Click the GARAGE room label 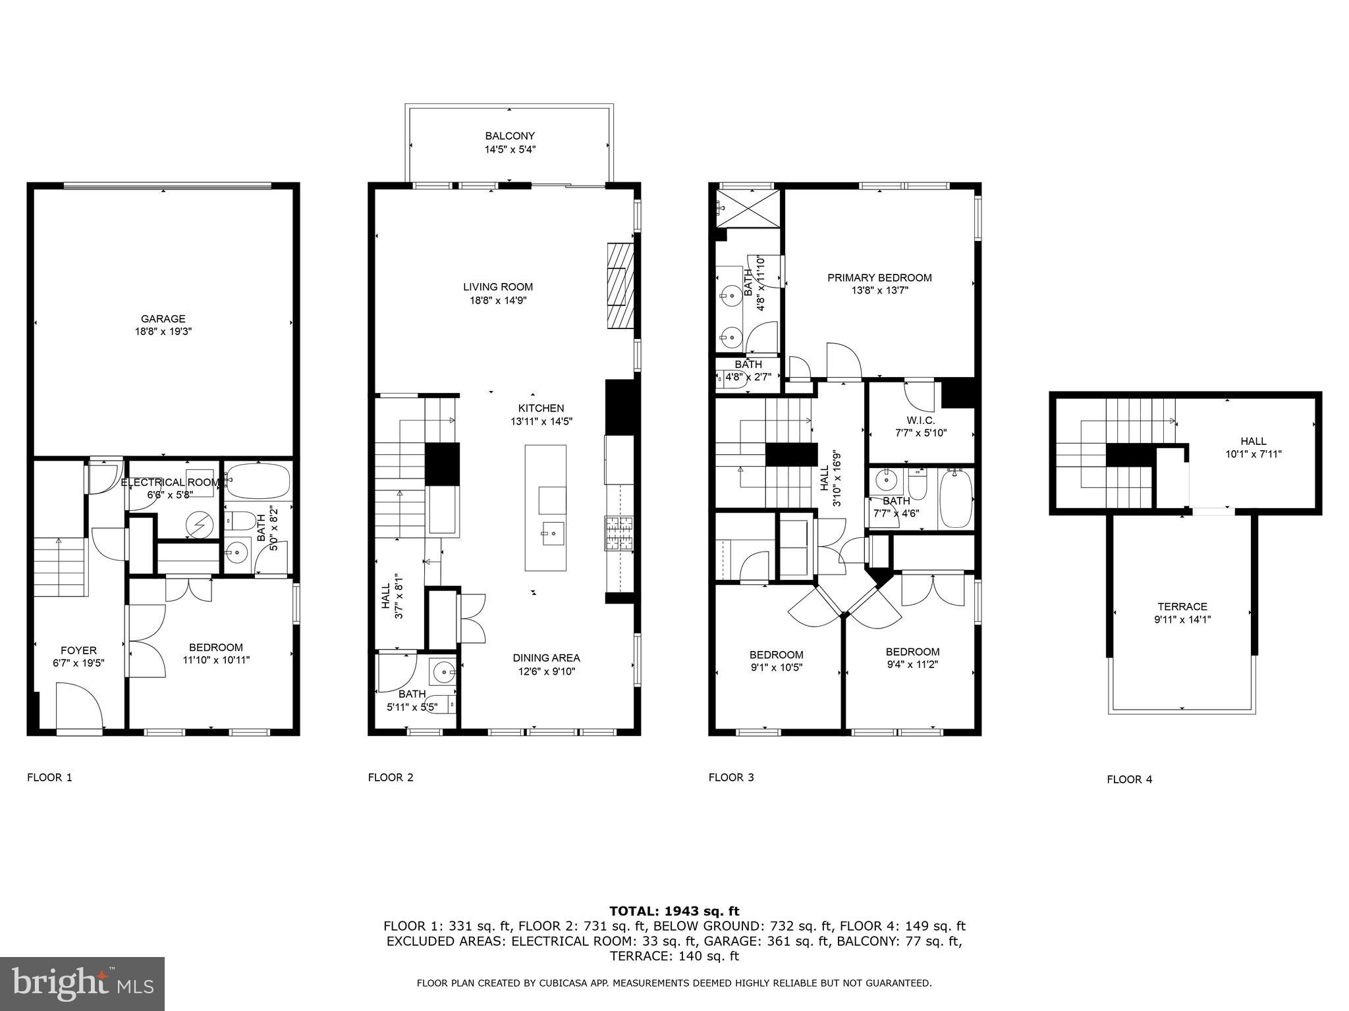pyautogui.click(x=163, y=319)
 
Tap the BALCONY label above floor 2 pyautogui.click(x=510, y=136)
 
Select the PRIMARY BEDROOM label pyautogui.click(x=879, y=278)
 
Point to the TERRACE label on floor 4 pyautogui.click(x=1182, y=607)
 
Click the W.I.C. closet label pyautogui.click(x=920, y=421)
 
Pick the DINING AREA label pyautogui.click(x=546, y=658)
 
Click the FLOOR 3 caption pyautogui.click(x=730, y=777)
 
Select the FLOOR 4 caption pyautogui.click(x=1129, y=779)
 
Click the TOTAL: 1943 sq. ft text pyautogui.click(x=674, y=911)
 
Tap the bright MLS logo pyautogui.click(x=82, y=983)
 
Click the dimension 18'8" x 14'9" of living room pyautogui.click(x=497, y=301)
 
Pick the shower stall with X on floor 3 pyautogui.click(x=748, y=209)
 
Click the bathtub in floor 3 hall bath pyautogui.click(x=956, y=499)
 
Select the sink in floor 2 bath pyautogui.click(x=443, y=673)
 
